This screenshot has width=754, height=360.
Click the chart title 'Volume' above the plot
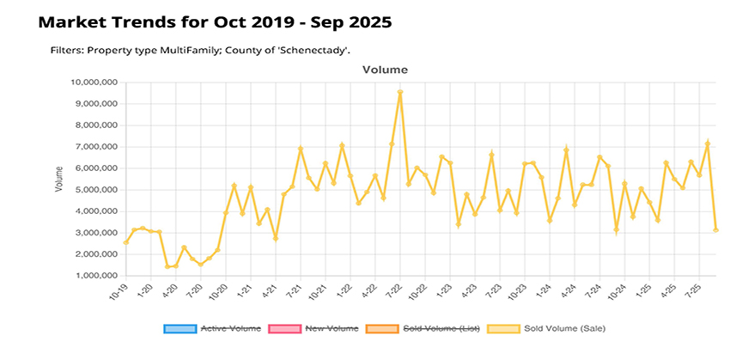pyautogui.click(x=384, y=69)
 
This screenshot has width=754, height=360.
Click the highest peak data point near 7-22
pyautogui.click(x=400, y=92)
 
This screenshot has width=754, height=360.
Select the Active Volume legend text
pyautogui.click(x=227, y=328)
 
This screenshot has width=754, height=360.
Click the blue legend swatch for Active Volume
pyautogui.click(x=179, y=328)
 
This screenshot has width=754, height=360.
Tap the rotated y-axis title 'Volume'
pyautogui.click(x=59, y=180)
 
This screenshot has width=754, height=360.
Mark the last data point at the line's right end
pyautogui.click(x=715, y=230)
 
